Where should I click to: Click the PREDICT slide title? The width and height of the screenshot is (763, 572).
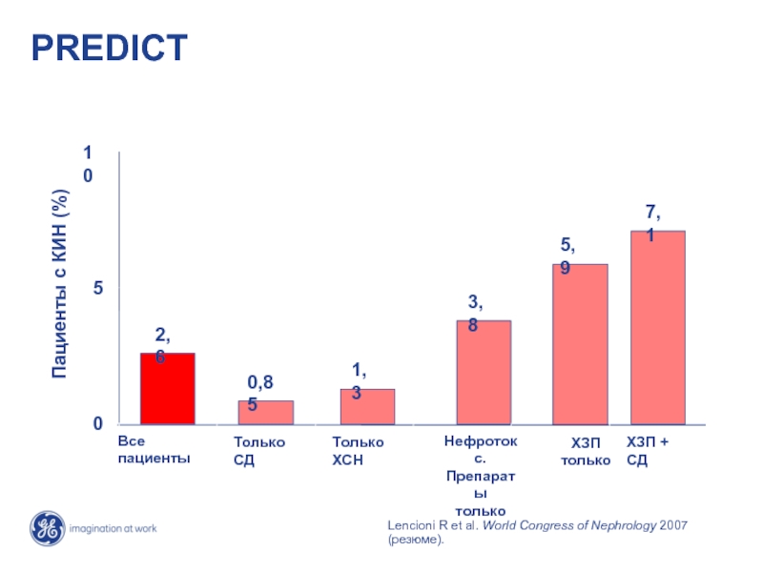click(110, 48)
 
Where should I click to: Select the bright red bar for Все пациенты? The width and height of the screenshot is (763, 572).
click(167, 389)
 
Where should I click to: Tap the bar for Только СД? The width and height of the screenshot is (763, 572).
click(265, 412)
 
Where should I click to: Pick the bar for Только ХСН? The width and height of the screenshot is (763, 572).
click(367, 406)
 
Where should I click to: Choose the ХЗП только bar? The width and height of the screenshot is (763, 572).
click(580, 343)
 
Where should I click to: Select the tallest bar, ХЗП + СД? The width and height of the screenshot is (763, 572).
click(657, 327)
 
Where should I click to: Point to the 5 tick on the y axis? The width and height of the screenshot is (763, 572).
click(98, 287)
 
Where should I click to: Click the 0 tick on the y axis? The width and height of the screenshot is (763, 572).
click(98, 423)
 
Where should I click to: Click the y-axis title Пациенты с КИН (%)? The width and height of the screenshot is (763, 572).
click(60, 283)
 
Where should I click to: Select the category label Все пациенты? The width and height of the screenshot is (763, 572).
click(154, 450)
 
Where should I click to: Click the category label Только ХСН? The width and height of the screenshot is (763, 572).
click(357, 450)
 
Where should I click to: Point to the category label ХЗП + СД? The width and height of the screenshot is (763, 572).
click(648, 450)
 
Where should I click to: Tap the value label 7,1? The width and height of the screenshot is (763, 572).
click(653, 221)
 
